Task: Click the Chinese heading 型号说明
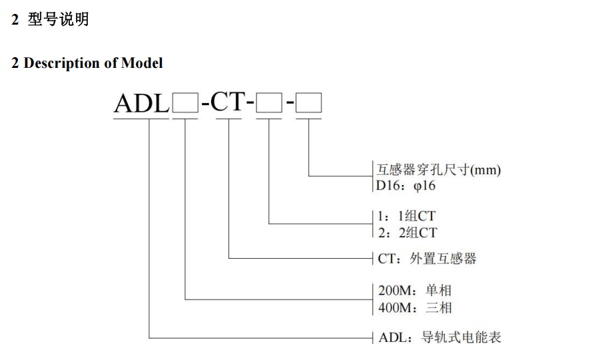pyautogui.click(x=58, y=20)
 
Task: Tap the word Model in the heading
pyautogui.click(x=142, y=63)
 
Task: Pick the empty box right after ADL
pyautogui.click(x=184, y=104)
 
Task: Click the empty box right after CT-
pyautogui.click(x=269, y=104)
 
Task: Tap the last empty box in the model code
pyautogui.click(x=308, y=104)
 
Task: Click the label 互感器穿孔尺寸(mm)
pyautogui.click(x=438, y=170)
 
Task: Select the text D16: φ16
pyautogui.click(x=406, y=186)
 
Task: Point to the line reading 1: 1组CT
pyautogui.click(x=407, y=216)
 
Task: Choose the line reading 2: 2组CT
pyautogui.click(x=407, y=232)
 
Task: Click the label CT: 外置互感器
pyautogui.click(x=428, y=258)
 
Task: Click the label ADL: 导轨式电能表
pyautogui.click(x=439, y=337)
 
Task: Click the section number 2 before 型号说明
pyautogui.click(x=15, y=20)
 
